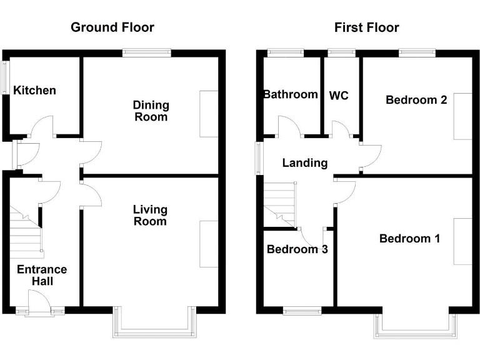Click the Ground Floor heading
point(112,27)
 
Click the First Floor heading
point(366,27)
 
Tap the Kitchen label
point(35,90)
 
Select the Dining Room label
point(151,111)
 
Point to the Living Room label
point(150,215)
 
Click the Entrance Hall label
point(41,275)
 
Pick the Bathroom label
point(290,94)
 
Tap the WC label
point(338,96)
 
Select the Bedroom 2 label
point(416,99)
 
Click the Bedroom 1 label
point(409,238)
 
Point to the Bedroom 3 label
point(297,249)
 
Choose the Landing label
point(305,163)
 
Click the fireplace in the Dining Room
point(209,114)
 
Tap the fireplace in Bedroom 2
point(462,116)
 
